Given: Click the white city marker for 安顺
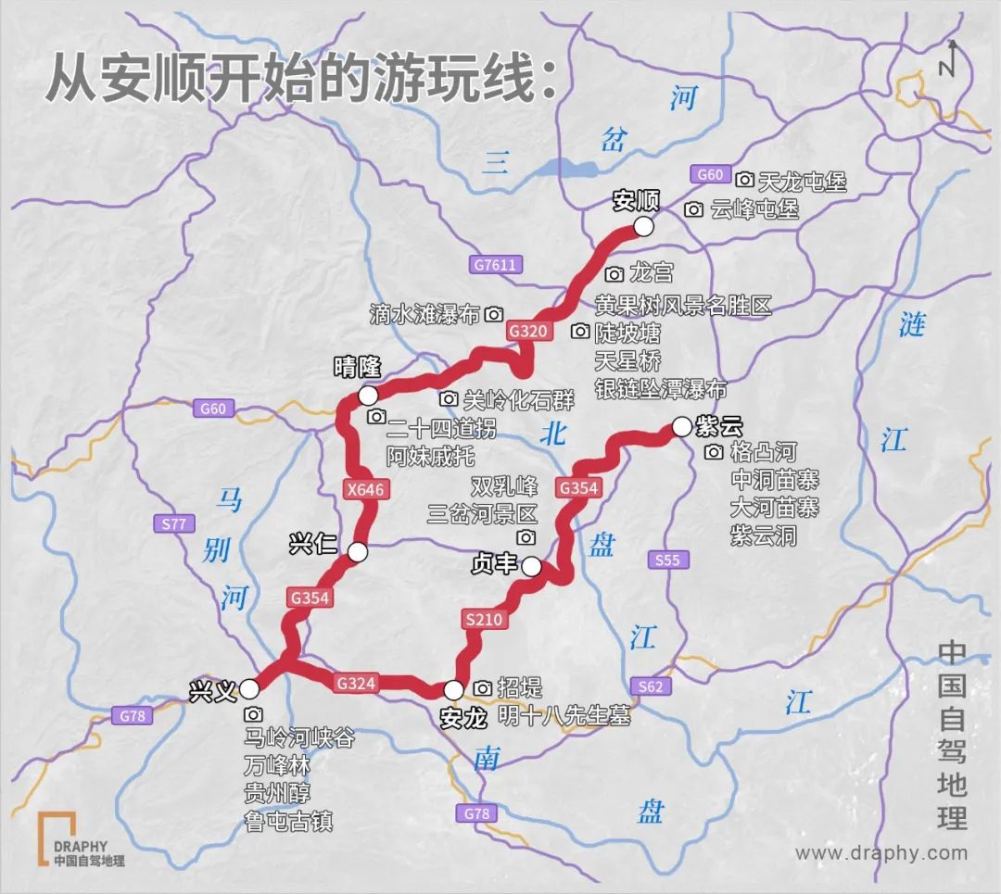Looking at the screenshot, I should pos(643,226).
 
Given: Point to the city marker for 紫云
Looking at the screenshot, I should pos(681,426).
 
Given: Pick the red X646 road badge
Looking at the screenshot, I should pos(365,490).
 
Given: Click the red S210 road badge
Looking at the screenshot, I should pos(483,621).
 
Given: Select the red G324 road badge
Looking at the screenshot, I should pos(356,684).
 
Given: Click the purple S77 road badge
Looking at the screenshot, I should pos(173,524).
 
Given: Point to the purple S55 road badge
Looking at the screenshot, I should pos(666,560).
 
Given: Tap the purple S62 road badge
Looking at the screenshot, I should pos(651,686).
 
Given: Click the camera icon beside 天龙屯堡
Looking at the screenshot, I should pos(745,180).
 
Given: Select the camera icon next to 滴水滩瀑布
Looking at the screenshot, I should pos(494,314).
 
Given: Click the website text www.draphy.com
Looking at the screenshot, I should pos(881,853).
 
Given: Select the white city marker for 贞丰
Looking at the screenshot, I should pos(532,566).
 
